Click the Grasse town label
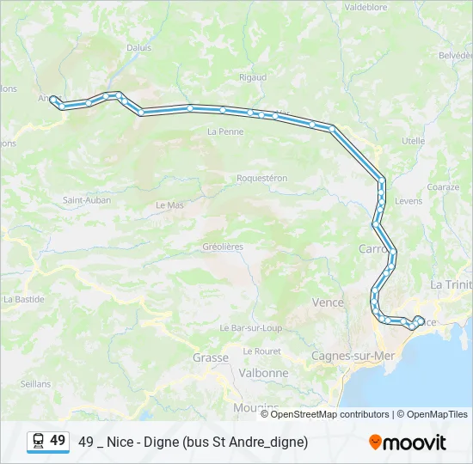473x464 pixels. pos(210,357)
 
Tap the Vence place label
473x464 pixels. pos(327,302)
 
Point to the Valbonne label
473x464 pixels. pos(264,374)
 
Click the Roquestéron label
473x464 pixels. pos(261,178)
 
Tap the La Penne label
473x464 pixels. pos(225,131)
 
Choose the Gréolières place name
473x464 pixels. pos(223,247)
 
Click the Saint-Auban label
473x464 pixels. pos(86,200)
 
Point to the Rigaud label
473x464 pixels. pos(253,76)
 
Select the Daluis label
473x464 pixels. pos(138,48)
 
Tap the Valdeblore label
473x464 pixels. pos(368,6)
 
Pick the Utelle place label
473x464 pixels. pos(413,140)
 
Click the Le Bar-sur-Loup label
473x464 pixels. pos(251,327)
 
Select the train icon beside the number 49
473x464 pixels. pos(38,442)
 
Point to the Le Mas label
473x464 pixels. pos(169,205)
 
